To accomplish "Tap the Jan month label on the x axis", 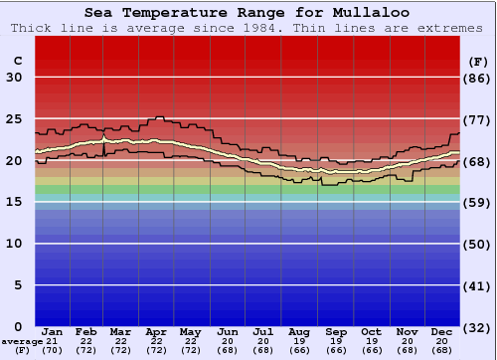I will click(53, 331).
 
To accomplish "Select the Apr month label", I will click(156, 331).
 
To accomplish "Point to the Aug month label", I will click(298, 331).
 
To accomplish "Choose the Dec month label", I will click(441, 331).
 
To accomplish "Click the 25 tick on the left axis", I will click(14, 119).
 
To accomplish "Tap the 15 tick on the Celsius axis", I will click(14, 202).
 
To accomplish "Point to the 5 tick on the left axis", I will click(18, 285).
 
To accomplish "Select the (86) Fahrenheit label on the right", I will click(477, 78).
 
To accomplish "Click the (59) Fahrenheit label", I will click(477, 202).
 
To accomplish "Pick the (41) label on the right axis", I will click(477, 285).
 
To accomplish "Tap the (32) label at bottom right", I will click(477, 327).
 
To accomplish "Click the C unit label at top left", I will click(17, 61).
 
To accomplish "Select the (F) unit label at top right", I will click(477, 61).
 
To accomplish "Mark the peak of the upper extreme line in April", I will click(158, 116).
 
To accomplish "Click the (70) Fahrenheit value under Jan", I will click(53, 350).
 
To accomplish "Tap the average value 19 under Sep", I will click(335, 341).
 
